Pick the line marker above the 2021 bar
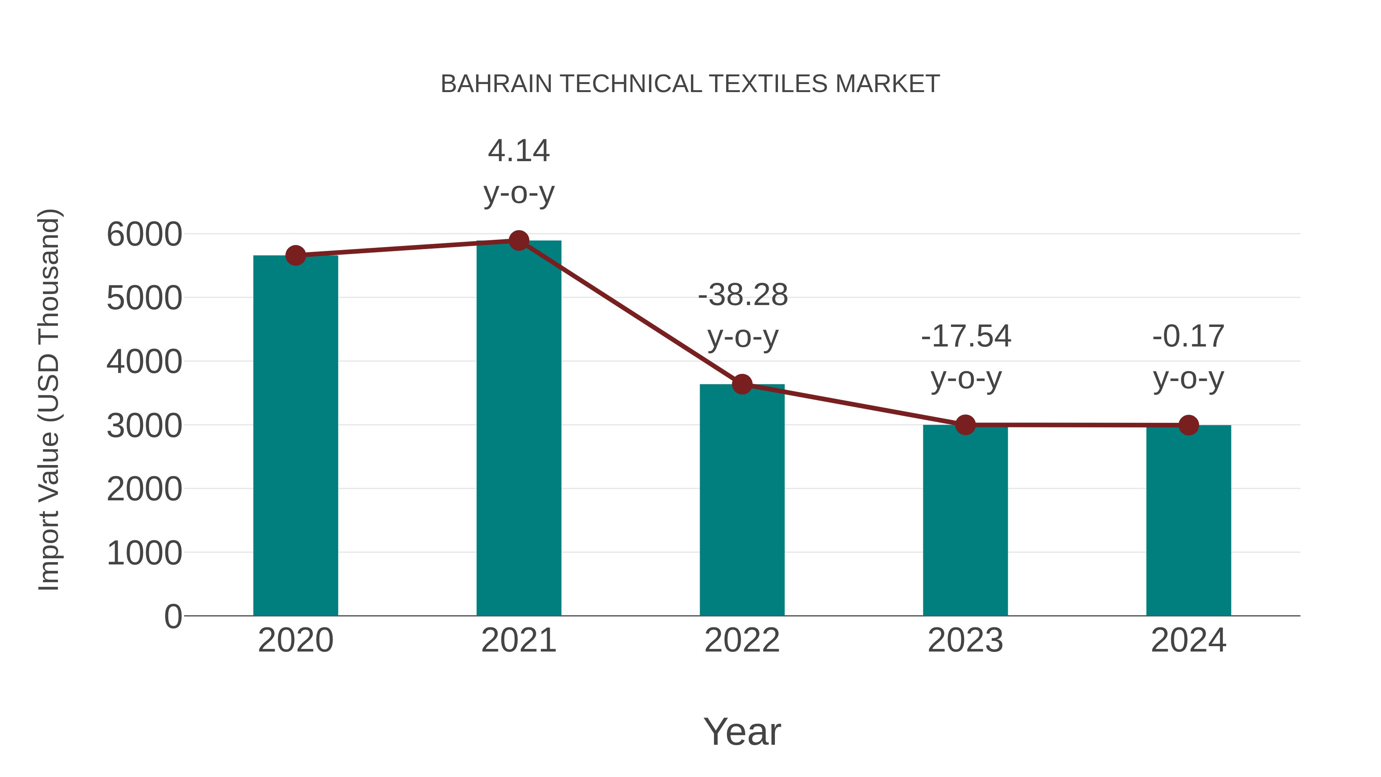[518, 241]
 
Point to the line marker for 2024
[1188, 425]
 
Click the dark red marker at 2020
[295, 256]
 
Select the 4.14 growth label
[518, 151]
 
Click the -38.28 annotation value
[743, 295]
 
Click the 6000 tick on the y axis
[144, 234]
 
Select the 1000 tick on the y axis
[144, 553]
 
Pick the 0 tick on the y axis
[173, 617]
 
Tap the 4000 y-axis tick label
[144, 362]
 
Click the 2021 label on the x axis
[518, 640]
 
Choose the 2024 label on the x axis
[1188, 640]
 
